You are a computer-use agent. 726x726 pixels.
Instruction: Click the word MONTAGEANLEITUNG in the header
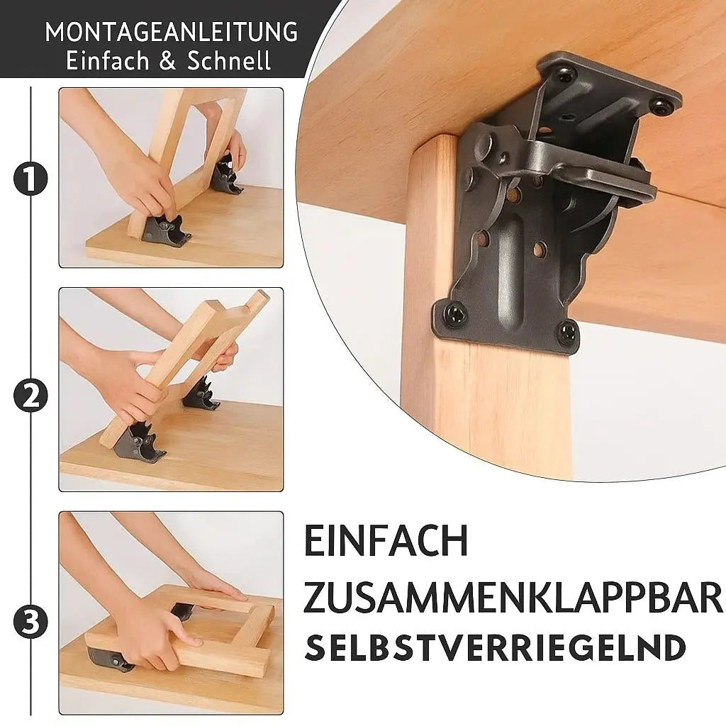[171, 33]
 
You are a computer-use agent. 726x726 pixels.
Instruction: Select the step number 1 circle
[30, 180]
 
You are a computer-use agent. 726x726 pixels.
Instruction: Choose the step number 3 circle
[30, 622]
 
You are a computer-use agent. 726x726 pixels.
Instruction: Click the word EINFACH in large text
[386, 542]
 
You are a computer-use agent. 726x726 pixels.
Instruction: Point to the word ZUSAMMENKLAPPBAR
[513, 598]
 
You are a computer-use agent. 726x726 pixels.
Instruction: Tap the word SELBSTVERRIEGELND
[496, 648]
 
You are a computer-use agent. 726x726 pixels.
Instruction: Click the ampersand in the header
[167, 61]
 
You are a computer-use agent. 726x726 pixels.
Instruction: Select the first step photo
[171, 177]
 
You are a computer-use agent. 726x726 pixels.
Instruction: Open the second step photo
[171, 389]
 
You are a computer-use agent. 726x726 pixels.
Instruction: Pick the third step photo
[171, 613]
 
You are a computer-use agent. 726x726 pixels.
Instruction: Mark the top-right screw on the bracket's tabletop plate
[661, 107]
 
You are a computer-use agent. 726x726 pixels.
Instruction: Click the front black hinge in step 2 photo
[139, 441]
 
